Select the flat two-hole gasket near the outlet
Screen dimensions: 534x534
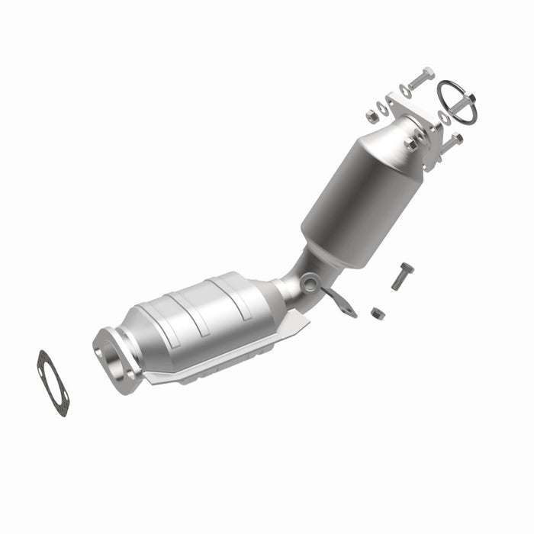pyautogui.click(x=53, y=382)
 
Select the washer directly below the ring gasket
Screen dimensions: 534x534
pyautogui.click(x=444, y=118)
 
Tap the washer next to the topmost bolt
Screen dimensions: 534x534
pyautogui.click(x=404, y=90)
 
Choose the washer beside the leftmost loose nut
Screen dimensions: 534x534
pyautogui.click(x=384, y=109)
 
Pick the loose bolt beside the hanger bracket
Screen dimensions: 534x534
pyautogui.click(x=402, y=275)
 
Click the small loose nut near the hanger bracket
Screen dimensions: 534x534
pyautogui.click(x=377, y=313)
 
